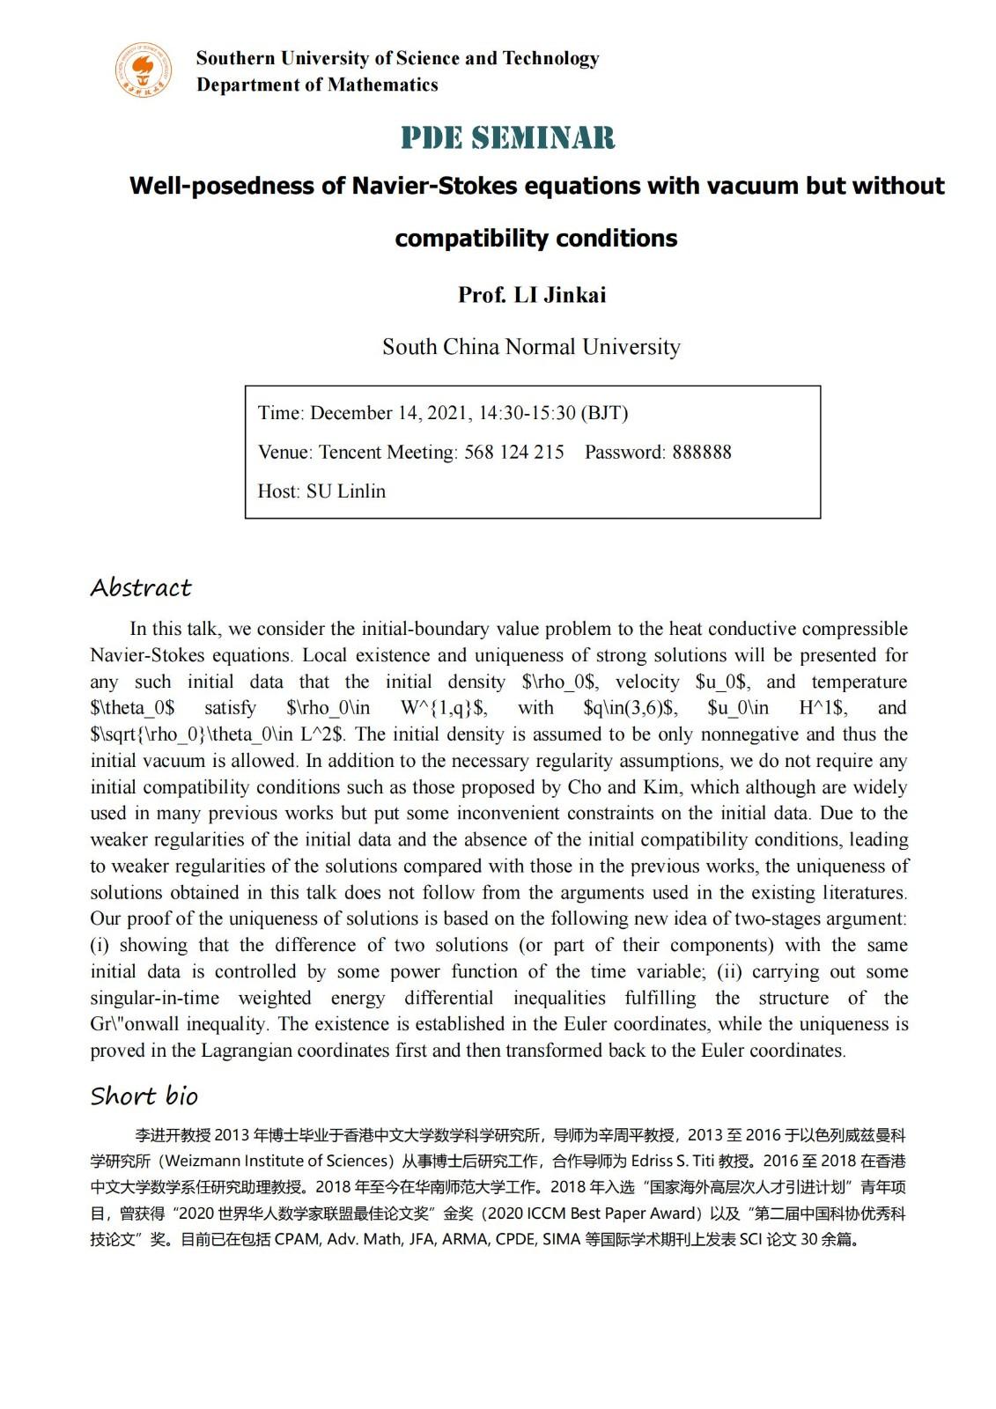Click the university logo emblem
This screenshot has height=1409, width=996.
tap(144, 70)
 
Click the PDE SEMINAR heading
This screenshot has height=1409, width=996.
tap(508, 138)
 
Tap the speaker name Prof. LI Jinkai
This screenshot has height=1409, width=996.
tap(532, 295)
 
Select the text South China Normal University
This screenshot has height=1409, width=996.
tap(531, 347)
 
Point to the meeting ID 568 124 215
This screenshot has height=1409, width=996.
tap(514, 453)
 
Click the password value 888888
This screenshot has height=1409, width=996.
tap(702, 453)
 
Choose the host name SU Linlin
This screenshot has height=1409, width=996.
tap(346, 491)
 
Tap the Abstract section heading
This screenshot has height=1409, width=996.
tap(141, 587)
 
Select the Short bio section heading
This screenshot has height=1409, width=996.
tap(144, 1096)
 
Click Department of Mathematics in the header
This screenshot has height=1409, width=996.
tap(317, 85)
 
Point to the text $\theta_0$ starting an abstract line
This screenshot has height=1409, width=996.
tap(132, 708)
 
